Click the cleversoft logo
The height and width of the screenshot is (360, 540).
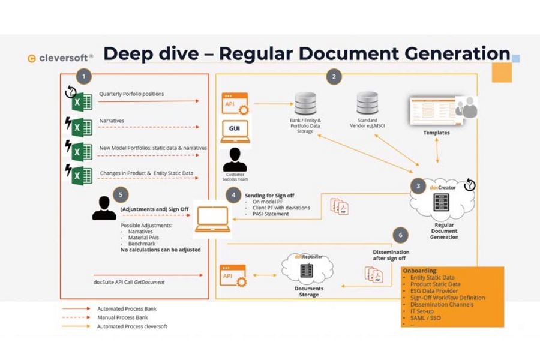point(60,58)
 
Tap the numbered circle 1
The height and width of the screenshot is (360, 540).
point(84,76)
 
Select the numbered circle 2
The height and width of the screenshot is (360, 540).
point(334,76)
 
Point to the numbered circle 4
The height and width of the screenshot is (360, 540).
point(234,196)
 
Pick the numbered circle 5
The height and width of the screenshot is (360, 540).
point(121,195)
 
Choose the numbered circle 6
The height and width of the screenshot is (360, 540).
point(400,235)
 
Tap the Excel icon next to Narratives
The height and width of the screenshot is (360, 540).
point(81,127)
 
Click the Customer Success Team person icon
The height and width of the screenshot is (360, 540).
point(235,160)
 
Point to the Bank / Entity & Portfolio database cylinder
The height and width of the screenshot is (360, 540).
point(304,104)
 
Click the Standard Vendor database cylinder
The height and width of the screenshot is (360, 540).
point(367,104)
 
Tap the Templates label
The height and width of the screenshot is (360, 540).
point(436,133)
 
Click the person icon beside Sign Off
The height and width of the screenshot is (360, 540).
point(104,208)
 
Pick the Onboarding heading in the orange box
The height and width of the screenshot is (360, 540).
point(420,271)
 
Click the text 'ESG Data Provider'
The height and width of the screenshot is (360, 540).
point(434,291)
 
